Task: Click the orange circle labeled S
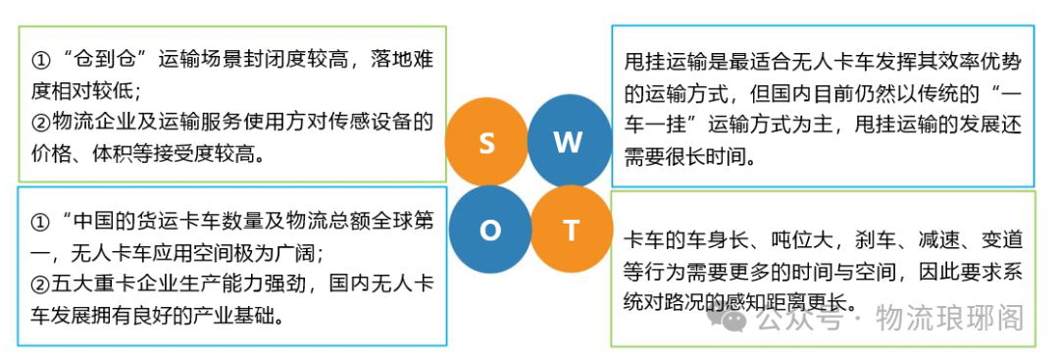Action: [x=486, y=142]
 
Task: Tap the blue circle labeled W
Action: [x=569, y=141]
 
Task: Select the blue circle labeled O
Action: [x=489, y=230]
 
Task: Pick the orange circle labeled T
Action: [x=571, y=231]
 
